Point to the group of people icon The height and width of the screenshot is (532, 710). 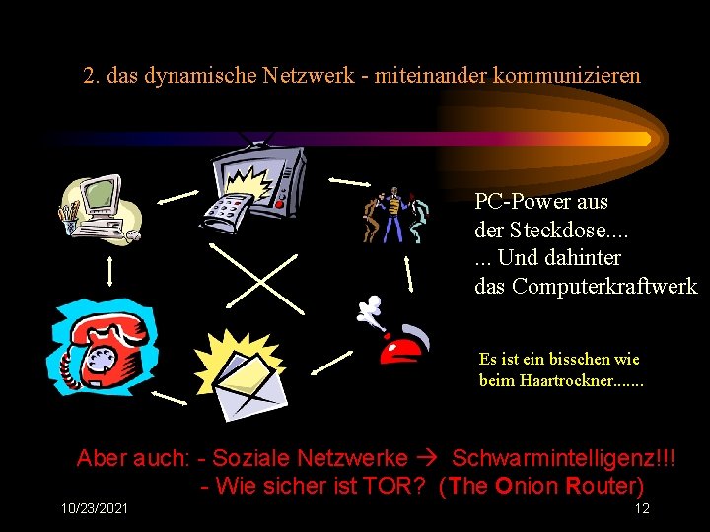click(394, 214)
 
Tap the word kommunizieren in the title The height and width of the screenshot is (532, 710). click(558, 75)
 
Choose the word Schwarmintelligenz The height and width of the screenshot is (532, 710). click(563, 458)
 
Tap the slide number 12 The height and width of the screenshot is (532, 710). click(642, 508)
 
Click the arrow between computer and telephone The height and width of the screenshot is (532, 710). click(109, 269)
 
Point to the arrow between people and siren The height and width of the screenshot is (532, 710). click(406, 269)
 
